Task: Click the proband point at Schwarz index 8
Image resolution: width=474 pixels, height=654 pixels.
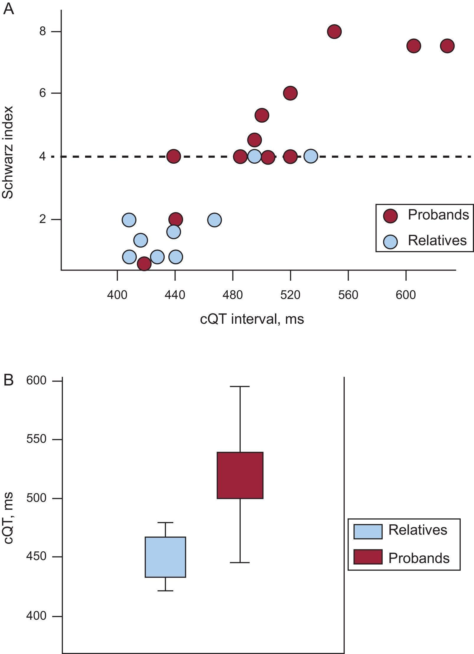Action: click(x=334, y=31)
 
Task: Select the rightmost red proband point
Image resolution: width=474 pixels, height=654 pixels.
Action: click(x=447, y=46)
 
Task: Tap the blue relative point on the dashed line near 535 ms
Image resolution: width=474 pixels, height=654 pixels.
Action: click(x=311, y=156)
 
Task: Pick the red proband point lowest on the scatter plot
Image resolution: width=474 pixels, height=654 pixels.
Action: click(x=144, y=263)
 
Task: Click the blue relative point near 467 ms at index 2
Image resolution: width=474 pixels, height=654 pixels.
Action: click(x=214, y=220)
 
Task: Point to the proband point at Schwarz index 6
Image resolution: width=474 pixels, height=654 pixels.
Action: click(x=290, y=93)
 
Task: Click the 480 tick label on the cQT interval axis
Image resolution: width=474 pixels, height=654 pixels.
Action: click(x=233, y=295)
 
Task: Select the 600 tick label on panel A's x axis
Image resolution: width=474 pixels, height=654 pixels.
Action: click(x=406, y=295)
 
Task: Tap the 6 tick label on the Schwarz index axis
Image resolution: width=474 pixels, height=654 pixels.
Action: click(x=43, y=93)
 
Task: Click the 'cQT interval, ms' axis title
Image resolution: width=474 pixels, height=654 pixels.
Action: click(x=252, y=319)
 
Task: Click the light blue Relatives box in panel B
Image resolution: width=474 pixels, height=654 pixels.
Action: click(x=165, y=557)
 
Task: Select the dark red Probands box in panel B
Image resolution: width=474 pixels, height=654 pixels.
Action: click(x=240, y=475)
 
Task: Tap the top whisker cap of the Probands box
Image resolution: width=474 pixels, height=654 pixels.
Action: click(x=240, y=386)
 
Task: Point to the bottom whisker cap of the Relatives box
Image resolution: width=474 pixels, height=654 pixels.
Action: click(x=165, y=591)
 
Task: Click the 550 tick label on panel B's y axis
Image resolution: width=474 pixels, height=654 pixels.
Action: click(x=36, y=439)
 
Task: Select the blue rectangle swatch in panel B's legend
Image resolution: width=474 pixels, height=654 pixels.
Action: click(x=368, y=532)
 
